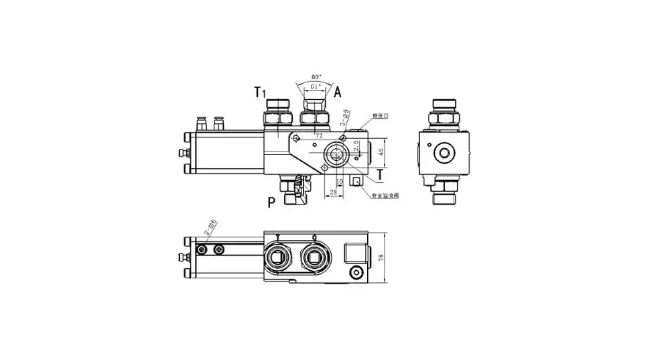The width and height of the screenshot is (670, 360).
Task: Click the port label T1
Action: [258, 92]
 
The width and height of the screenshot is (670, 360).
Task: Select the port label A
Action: [338, 91]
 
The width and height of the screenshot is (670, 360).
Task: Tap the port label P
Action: [271, 202]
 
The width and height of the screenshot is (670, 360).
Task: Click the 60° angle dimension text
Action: [314, 77]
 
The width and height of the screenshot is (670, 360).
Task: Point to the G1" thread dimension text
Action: [314, 86]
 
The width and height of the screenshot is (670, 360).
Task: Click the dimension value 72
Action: [320, 135]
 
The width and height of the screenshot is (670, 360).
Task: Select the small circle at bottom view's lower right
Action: [356, 272]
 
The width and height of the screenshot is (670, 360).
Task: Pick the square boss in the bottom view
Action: [355, 253]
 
